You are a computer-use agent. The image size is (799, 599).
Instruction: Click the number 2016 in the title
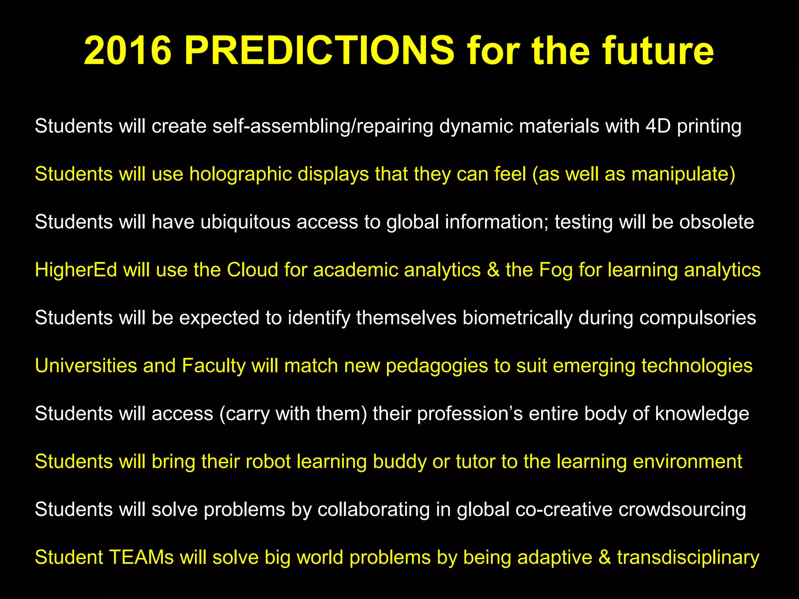click(x=128, y=51)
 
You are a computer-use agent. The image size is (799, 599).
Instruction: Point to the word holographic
click(x=240, y=174)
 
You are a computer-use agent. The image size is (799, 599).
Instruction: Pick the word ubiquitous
click(x=245, y=222)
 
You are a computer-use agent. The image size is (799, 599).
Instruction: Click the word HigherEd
click(x=76, y=270)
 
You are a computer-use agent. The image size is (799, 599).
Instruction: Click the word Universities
click(x=86, y=366)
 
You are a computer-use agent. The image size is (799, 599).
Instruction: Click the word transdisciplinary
click(x=688, y=558)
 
